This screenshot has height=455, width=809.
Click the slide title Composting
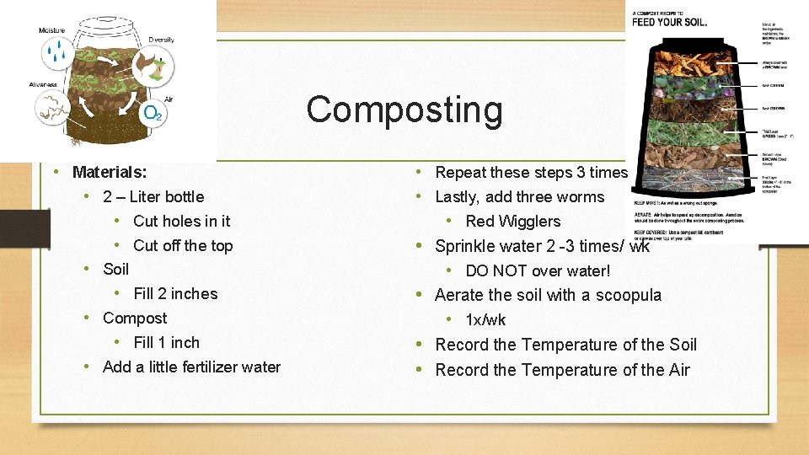click(404, 110)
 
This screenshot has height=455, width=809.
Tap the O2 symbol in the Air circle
click(153, 113)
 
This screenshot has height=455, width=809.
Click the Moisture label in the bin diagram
click(51, 31)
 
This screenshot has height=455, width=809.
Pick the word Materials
click(110, 173)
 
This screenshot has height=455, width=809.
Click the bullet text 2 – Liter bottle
click(153, 197)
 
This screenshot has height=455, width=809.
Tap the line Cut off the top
click(183, 246)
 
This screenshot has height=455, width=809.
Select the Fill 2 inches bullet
click(175, 294)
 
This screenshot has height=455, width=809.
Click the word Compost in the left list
click(135, 318)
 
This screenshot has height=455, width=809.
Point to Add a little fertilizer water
click(191, 367)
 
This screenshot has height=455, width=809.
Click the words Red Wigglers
click(512, 222)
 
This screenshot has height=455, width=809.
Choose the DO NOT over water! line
click(538, 270)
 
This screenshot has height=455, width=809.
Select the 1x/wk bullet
click(485, 320)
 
